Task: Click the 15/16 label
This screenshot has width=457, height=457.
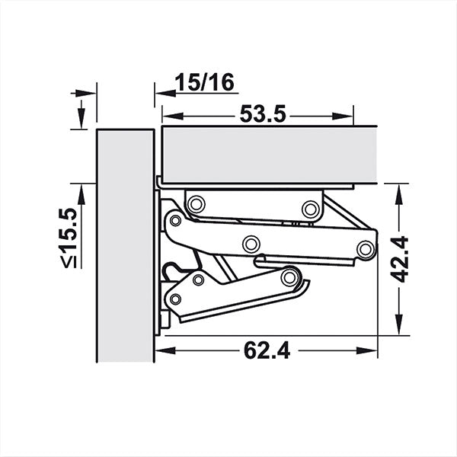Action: coord(200,82)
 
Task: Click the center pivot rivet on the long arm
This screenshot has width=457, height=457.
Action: coord(250,244)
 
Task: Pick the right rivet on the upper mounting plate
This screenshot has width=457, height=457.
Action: coord(309,208)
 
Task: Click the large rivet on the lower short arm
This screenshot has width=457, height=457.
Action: coord(289,276)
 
